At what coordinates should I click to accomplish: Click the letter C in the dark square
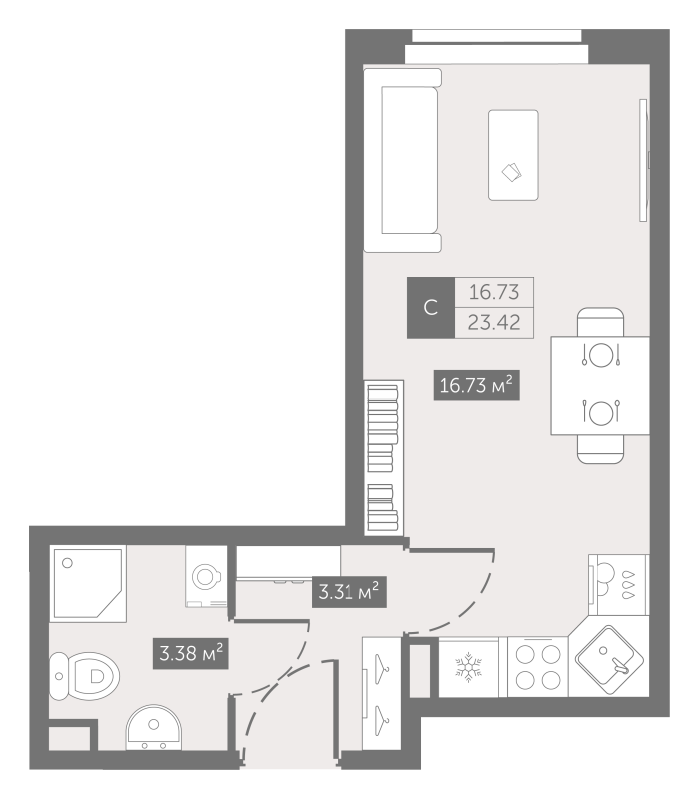[431, 308]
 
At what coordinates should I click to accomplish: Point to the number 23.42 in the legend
[494, 323]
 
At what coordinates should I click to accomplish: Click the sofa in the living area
[402, 160]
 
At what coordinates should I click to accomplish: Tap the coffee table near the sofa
[513, 155]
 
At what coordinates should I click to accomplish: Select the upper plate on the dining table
[600, 354]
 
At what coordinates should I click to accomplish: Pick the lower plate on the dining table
[600, 411]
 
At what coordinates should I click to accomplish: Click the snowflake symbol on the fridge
[468, 668]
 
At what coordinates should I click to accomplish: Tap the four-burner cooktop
[537, 668]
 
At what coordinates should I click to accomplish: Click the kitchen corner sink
[610, 658]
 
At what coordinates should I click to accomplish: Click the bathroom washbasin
[153, 729]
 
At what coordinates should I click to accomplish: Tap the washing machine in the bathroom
[209, 576]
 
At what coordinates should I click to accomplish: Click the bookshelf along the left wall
[383, 457]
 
